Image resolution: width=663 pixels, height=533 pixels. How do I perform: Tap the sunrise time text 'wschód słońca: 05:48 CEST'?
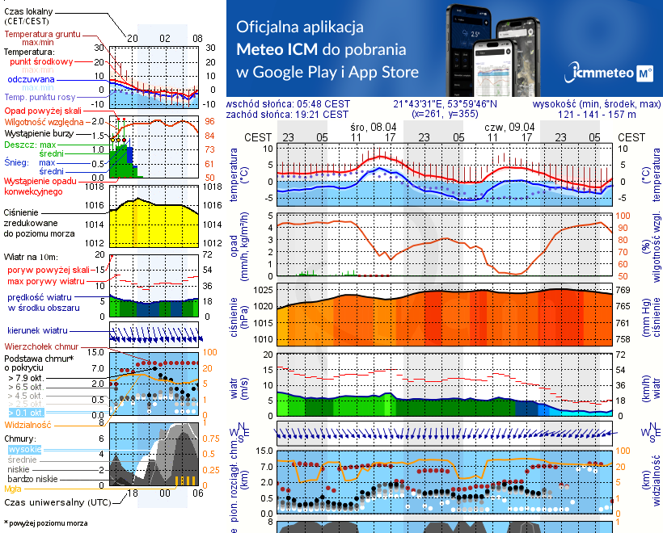(x=289, y=103)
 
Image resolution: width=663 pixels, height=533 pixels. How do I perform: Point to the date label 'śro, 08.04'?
(x=374, y=127)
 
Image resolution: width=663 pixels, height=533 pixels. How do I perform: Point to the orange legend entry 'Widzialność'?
(x=28, y=424)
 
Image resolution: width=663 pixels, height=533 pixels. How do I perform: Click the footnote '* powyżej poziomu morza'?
(x=46, y=523)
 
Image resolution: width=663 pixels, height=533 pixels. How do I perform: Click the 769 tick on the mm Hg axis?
(x=625, y=289)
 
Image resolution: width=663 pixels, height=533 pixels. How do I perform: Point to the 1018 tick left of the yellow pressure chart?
(x=95, y=187)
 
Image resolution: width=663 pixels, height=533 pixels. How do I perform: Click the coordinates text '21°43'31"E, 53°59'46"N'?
(x=445, y=103)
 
